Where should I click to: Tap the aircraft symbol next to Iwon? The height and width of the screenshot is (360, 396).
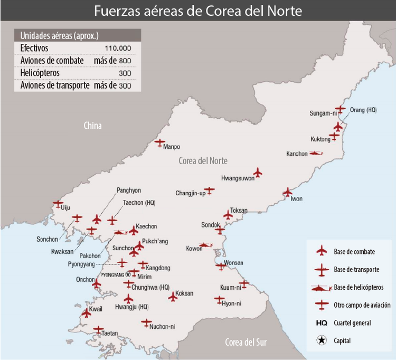click(x=287, y=192)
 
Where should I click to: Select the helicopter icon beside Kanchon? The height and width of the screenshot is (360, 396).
click(x=316, y=154)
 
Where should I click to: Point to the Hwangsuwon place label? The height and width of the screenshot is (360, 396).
click(x=238, y=178)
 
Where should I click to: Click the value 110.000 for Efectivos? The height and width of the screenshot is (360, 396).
click(x=118, y=48)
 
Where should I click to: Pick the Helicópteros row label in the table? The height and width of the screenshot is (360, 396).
click(x=39, y=73)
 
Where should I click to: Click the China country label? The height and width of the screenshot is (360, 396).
click(x=92, y=126)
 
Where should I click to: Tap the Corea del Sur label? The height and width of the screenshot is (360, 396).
click(x=246, y=341)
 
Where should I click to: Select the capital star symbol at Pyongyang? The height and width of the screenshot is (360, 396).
click(x=128, y=274)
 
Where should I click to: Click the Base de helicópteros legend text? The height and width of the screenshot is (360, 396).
click(x=359, y=287)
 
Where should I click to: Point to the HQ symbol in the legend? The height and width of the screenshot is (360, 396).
click(x=321, y=323)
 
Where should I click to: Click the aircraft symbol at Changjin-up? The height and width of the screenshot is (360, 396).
click(x=210, y=190)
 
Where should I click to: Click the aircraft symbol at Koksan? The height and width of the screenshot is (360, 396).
click(x=172, y=298)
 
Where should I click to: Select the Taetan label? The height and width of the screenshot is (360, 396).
click(x=109, y=334)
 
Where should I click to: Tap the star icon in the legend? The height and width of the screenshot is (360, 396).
click(x=321, y=340)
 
